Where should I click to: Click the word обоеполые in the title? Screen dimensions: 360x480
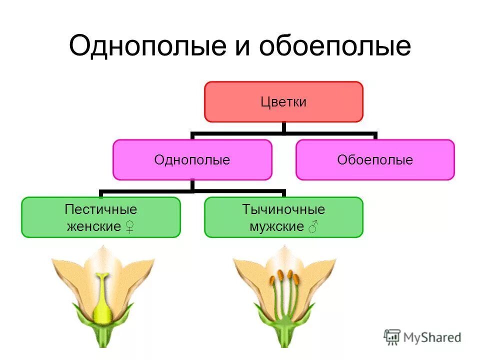pyautogui.click(x=334, y=46)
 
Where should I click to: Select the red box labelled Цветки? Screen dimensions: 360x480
pyautogui.click(x=283, y=102)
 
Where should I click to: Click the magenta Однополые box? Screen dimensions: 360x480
pyautogui.click(x=192, y=160)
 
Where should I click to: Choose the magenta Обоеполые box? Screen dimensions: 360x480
pyautogui.click(x=375, y=160)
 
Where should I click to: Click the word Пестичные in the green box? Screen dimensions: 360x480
pyautogui.click(x=100, y=209)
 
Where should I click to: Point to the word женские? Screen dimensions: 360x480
pyautogui.click(x=93, y=226)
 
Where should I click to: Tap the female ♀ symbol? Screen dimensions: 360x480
pyautogui.click(x=129, y=227)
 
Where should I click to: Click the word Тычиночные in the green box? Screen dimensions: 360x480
pyautogui.click(x=283, y=209)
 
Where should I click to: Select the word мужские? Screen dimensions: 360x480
pyautogui.click(x=276, y=226)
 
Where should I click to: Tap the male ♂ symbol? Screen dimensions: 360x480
pyautogui.click(x=313, y=227)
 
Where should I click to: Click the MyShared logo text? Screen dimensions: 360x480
pyautogui.click(x=433, y=337)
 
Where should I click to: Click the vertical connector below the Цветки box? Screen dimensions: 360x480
pyautogui.click(x=283, y=128)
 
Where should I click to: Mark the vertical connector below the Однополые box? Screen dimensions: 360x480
pyautogui.click(x=192, y=185)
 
